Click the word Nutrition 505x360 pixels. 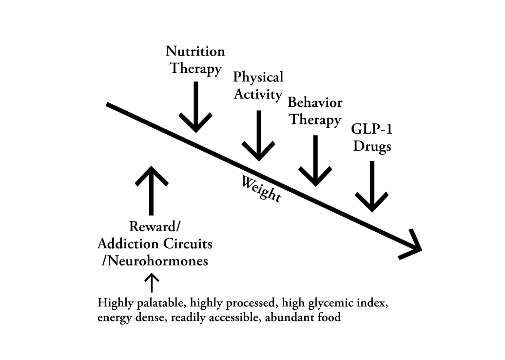tap(195, 52)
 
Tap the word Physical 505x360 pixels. tap(257, 77)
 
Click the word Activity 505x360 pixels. tap(257, 94)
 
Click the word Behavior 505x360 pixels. tap(315, 102)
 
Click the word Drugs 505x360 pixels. tap(372, 146)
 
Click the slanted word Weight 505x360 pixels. tap(261, 189)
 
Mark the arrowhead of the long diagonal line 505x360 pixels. tap(413, 245)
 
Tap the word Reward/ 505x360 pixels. tap(155, 227)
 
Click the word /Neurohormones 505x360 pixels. tap(155, 261)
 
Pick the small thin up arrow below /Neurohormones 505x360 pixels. tap(152, 283)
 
